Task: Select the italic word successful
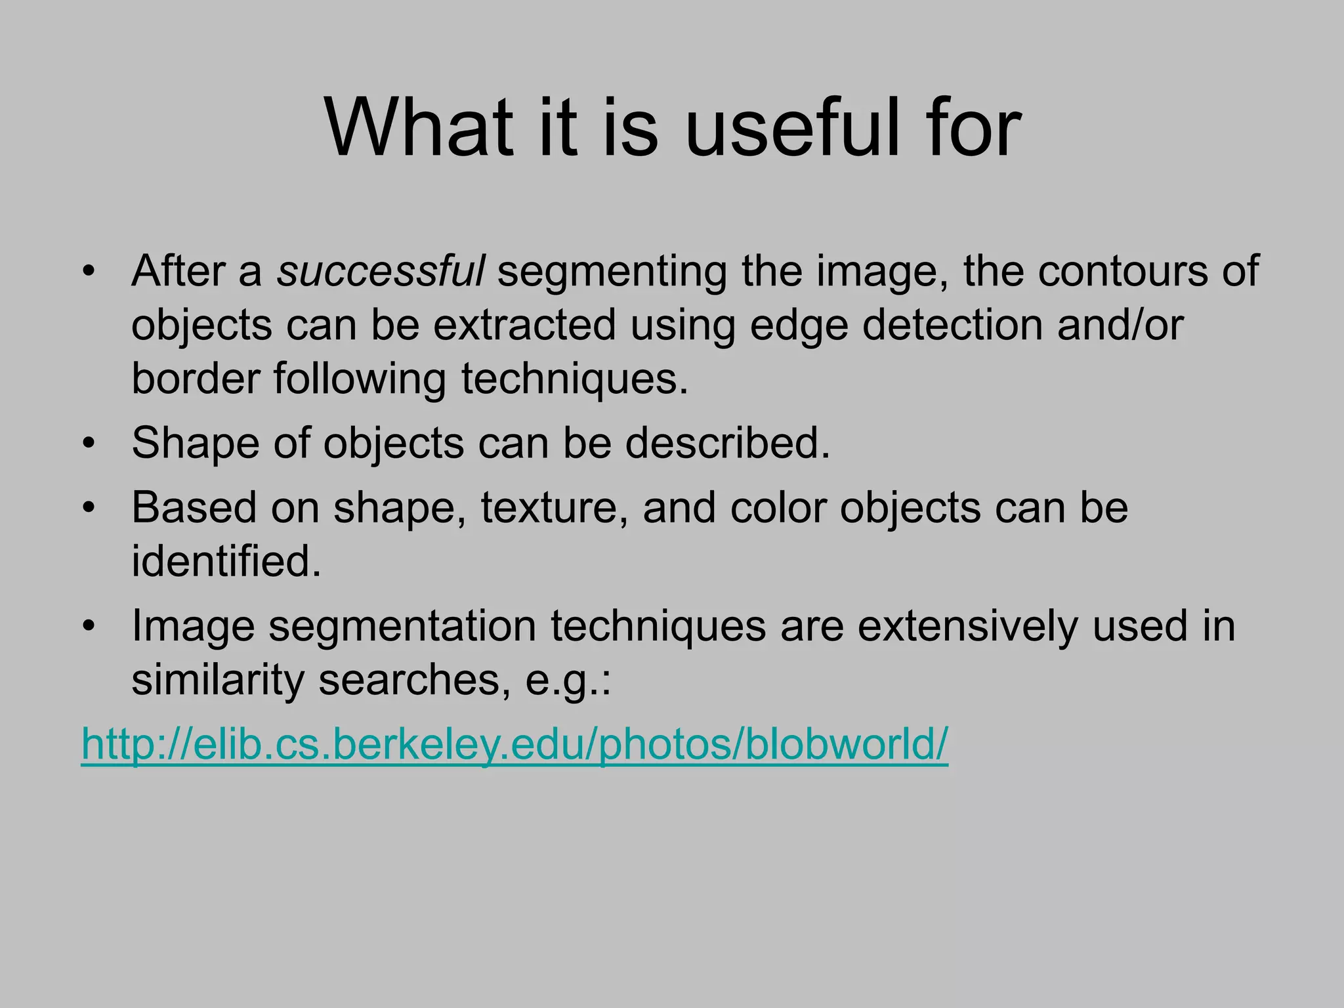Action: [380, 270]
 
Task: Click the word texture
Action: [554, 508]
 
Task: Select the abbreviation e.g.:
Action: [568, 681]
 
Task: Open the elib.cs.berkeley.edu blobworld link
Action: [514, 744]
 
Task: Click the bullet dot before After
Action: [89, 271]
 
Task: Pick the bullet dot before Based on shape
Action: [89, 507]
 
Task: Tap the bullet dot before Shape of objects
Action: [89, 443]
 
